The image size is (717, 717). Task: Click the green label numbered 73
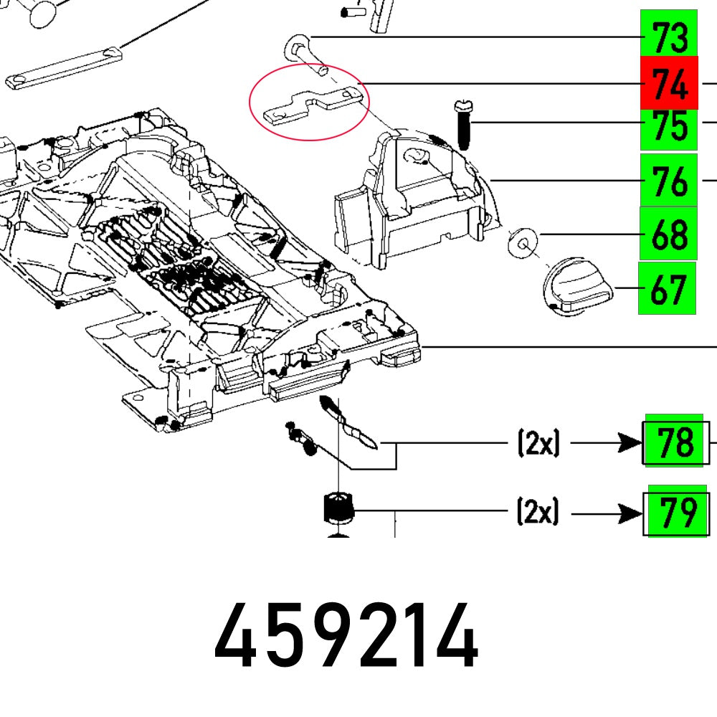point(668,36)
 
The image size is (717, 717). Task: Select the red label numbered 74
point(668,83)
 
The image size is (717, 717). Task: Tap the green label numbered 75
point(668,128)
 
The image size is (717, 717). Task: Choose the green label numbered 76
point(668,180)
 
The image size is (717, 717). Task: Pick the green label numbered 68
point(668,234)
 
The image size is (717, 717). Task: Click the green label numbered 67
point(667,288)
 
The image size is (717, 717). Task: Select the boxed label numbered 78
point(675,443)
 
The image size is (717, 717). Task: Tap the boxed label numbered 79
point(677,512)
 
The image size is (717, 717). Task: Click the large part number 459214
point(346,636)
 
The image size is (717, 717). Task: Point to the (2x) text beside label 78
point(538,444)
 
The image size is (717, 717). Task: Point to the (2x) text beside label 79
point(538,513)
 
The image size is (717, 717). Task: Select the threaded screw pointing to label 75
point(460,125)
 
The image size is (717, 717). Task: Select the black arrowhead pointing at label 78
point(632,444)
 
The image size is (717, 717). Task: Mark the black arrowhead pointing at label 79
point(632,513)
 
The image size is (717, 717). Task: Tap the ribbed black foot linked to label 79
point(338,509)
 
